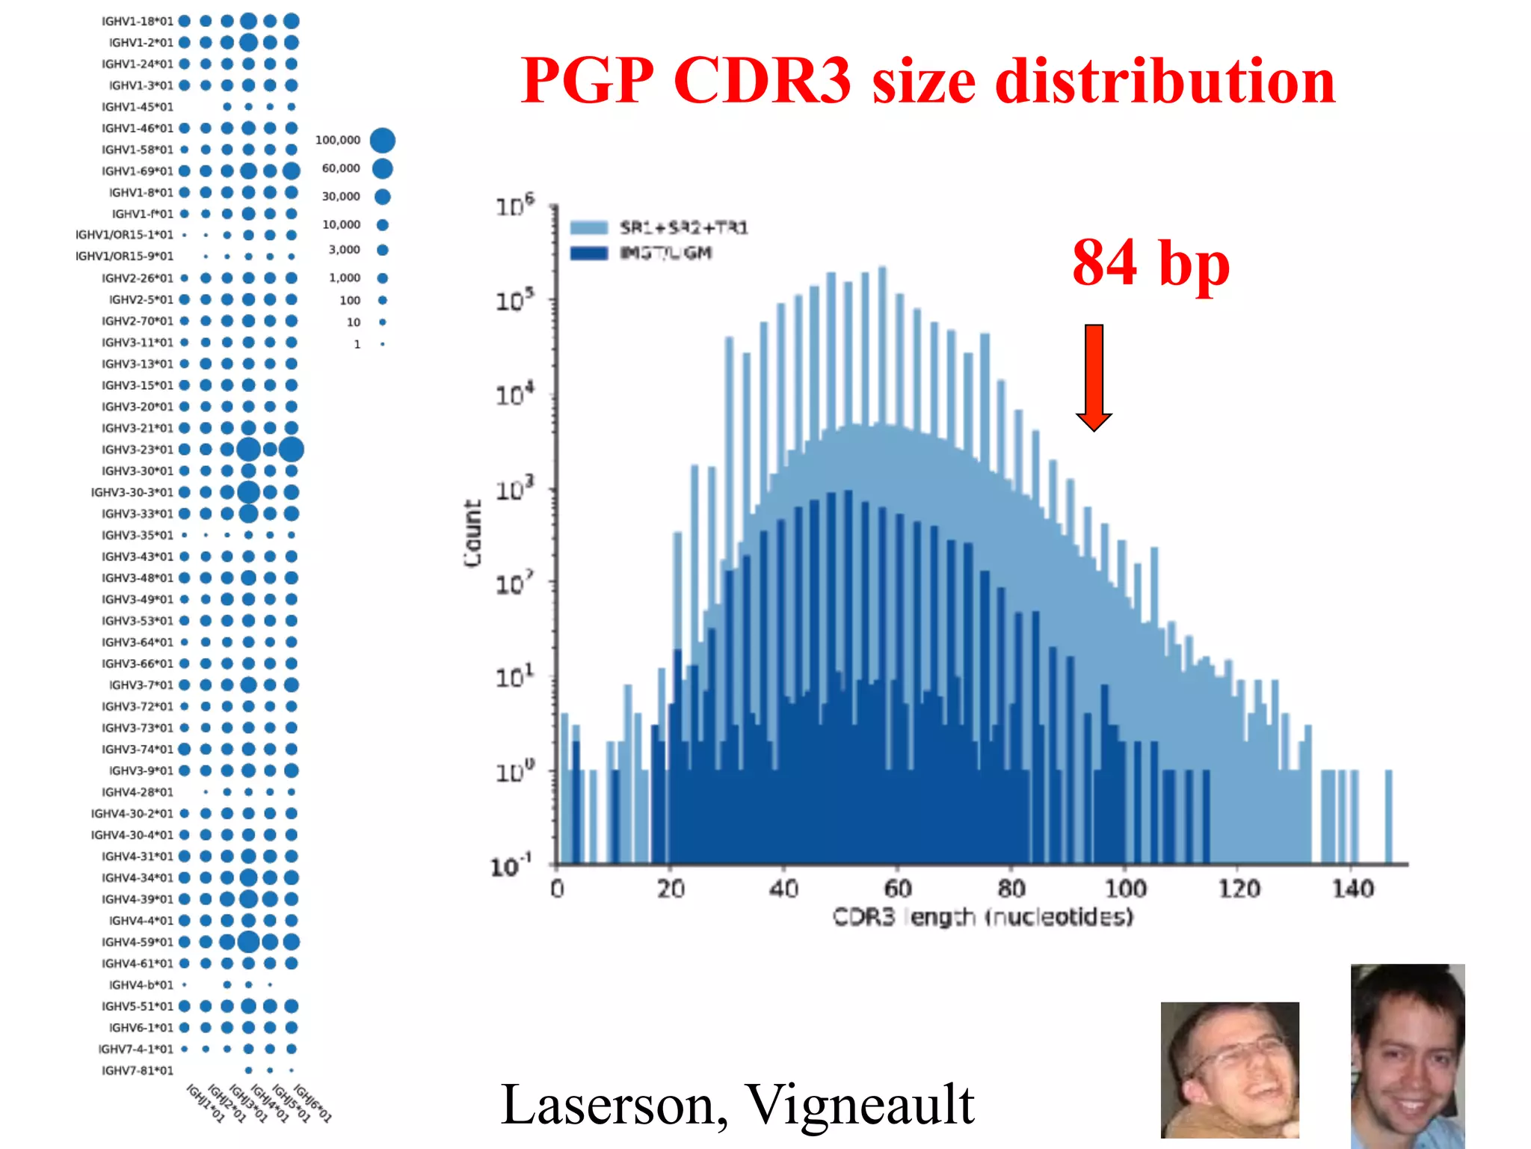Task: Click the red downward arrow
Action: [1094, 378]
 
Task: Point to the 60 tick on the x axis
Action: [897, 889]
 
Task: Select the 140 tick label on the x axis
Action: [1352, 889]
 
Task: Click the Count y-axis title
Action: [472, 533]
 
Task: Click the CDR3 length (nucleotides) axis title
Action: [982, 917]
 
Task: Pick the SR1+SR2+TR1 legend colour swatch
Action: [589, 227]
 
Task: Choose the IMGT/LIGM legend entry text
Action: [665, 253]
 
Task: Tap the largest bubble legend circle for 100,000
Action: [382, 140]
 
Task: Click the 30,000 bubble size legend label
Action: [341, 196]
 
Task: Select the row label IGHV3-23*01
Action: [137, 450]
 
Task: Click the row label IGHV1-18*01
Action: [137, 21]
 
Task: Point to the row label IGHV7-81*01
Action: [137, 1070]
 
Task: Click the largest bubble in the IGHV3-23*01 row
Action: [291, 450]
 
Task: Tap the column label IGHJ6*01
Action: [312, 1104]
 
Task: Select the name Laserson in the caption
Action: [613, 1104]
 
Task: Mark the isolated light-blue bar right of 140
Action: [1389, 816]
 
